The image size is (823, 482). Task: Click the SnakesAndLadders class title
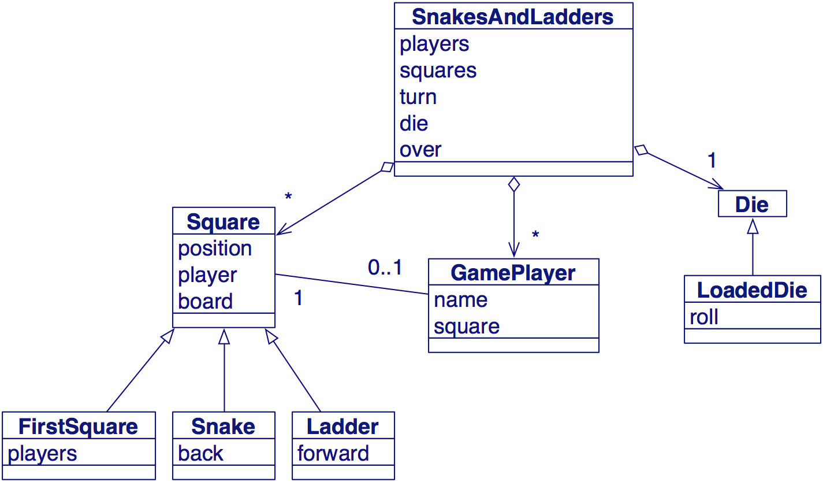[x=513, y=17]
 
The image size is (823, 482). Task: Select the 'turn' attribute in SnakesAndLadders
[x=418, y=97]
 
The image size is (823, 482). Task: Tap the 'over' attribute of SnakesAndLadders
[x=420, y=150]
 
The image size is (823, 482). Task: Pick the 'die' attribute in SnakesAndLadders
[x=414, y=123]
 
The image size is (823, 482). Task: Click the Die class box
[x=752, y=204]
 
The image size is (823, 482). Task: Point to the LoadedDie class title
[x=752, y=290]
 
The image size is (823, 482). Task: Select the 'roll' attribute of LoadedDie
[x=704, y=317]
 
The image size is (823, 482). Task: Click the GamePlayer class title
[x=513, y=273]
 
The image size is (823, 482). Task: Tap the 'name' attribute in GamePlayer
[x=460, y=299]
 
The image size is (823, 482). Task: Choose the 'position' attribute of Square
[x=215, y=249]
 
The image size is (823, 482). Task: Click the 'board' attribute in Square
[x=205, y=301]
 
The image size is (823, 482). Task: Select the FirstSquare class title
[x=79, y=427]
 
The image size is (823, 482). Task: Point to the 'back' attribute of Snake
[x=200, y=453]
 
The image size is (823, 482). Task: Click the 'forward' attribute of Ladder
[x=333, y=453]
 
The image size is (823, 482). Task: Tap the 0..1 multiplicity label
[x=385, y=268]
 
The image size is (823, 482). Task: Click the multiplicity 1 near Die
[x=712, y=161]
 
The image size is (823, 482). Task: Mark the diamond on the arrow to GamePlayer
[x=513, y=185]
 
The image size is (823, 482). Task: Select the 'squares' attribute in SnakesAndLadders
[x=438, y=70]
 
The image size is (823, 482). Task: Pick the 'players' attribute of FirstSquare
[x=42, y=453]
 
